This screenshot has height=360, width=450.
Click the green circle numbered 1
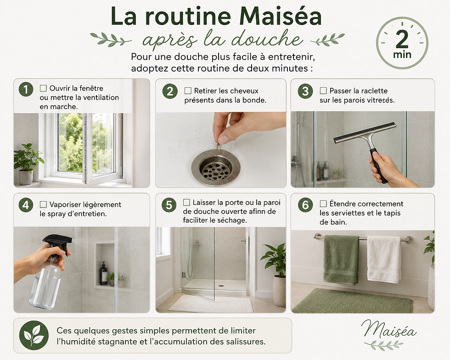pos(26,89)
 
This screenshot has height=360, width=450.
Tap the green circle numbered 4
pos(26,205)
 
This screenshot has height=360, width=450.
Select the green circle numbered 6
pos(305,205)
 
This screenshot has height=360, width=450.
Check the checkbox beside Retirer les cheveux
pos(188,91)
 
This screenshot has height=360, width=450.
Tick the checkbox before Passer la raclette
pos(323,91)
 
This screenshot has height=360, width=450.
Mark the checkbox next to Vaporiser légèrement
pos(43,204)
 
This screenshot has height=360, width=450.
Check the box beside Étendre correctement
pos(323,203)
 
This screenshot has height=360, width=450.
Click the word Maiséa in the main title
pos(281,16)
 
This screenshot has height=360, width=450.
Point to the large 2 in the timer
pos(402,39)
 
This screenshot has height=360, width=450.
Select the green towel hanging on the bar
pos(341,259)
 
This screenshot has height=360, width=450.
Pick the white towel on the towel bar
pos(384,259)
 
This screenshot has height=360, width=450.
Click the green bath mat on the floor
pos(352,301)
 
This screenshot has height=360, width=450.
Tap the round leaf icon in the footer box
pos(34,335)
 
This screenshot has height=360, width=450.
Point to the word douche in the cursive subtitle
pos(267,39)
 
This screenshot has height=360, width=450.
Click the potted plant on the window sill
pos(27,164)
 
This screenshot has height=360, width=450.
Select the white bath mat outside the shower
pos(211,304)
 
